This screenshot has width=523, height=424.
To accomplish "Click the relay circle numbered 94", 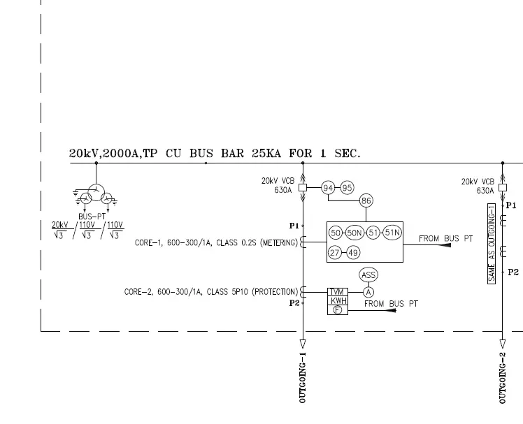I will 329,187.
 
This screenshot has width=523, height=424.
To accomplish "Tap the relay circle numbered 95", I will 348,187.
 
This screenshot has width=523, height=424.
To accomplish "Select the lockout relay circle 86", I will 366,201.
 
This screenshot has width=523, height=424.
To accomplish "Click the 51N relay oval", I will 392,233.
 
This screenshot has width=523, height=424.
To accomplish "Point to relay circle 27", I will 336,252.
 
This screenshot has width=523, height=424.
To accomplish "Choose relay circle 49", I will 353,252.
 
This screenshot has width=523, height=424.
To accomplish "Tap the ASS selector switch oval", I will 368,275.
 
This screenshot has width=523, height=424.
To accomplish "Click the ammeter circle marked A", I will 368,292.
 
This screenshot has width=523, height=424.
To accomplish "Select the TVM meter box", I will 338,292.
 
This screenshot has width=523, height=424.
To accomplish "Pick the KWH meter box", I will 338,301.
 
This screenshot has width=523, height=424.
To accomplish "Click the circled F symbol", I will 338,310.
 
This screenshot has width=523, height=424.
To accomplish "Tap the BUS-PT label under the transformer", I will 92,217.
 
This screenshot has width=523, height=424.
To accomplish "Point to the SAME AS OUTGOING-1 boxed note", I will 492,244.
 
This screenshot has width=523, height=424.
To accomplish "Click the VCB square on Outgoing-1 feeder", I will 303,188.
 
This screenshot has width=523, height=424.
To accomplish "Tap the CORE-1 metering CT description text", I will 215,243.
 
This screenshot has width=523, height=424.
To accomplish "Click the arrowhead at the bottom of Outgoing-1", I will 303,344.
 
